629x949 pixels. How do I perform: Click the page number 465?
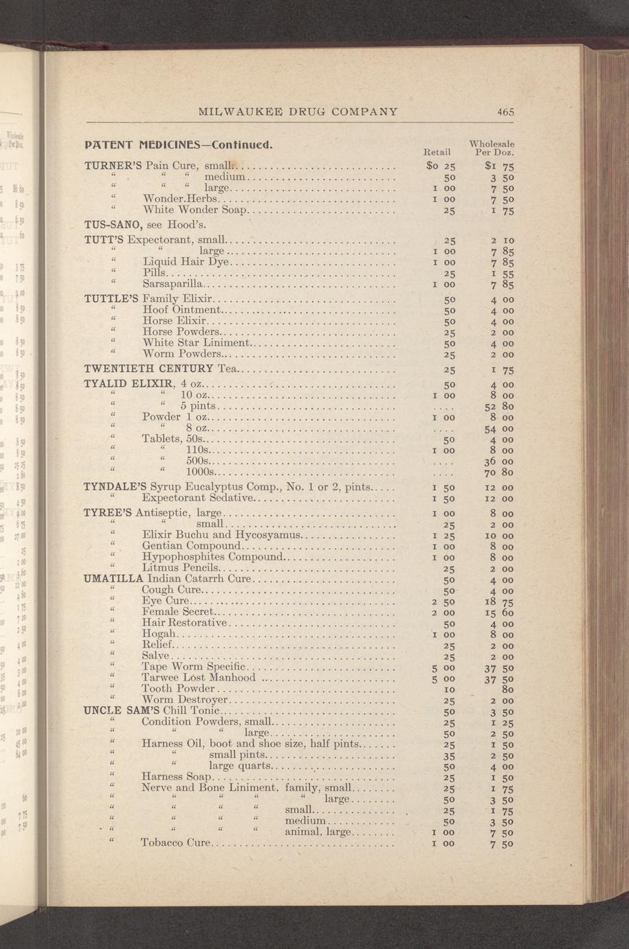[507, 111]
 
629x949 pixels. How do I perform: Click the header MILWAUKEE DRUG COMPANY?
[298, 111]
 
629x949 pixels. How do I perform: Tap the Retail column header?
[437, 151]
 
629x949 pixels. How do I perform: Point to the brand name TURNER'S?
[113, 165]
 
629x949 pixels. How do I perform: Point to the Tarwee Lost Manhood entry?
[199, 678]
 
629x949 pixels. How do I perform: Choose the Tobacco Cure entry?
[174, 843]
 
